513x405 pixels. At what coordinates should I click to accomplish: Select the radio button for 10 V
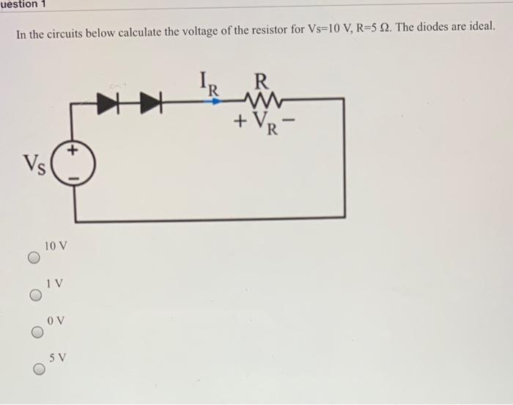tap(34, 258)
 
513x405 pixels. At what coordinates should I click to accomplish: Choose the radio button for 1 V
tap(34, 295)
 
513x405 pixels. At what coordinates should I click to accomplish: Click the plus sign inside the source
tap(73, 153)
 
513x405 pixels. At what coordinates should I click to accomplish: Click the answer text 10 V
tap(56, 244)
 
